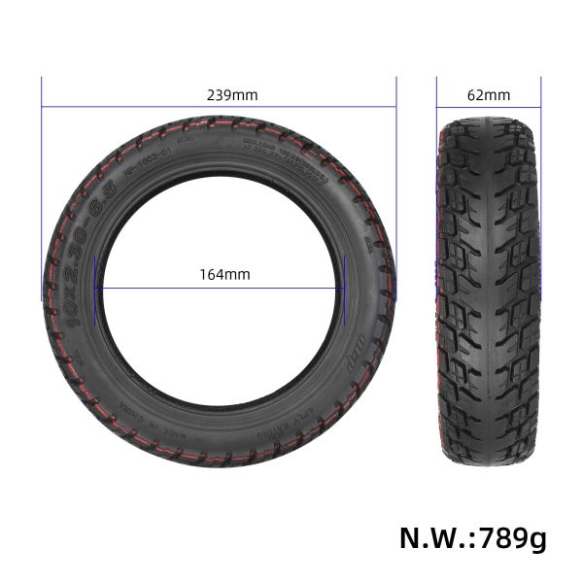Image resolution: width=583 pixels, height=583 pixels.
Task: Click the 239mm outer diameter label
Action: coord(232,95)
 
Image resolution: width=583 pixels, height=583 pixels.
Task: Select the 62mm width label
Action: coord(488,95)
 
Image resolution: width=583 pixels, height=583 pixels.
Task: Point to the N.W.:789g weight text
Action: coord(472,537)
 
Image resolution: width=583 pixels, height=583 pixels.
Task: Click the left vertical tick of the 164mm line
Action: coord(95,288)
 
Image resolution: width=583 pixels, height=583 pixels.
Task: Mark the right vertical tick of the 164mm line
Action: coord(346,288)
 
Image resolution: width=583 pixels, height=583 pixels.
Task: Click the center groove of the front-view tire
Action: coord(489,291)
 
